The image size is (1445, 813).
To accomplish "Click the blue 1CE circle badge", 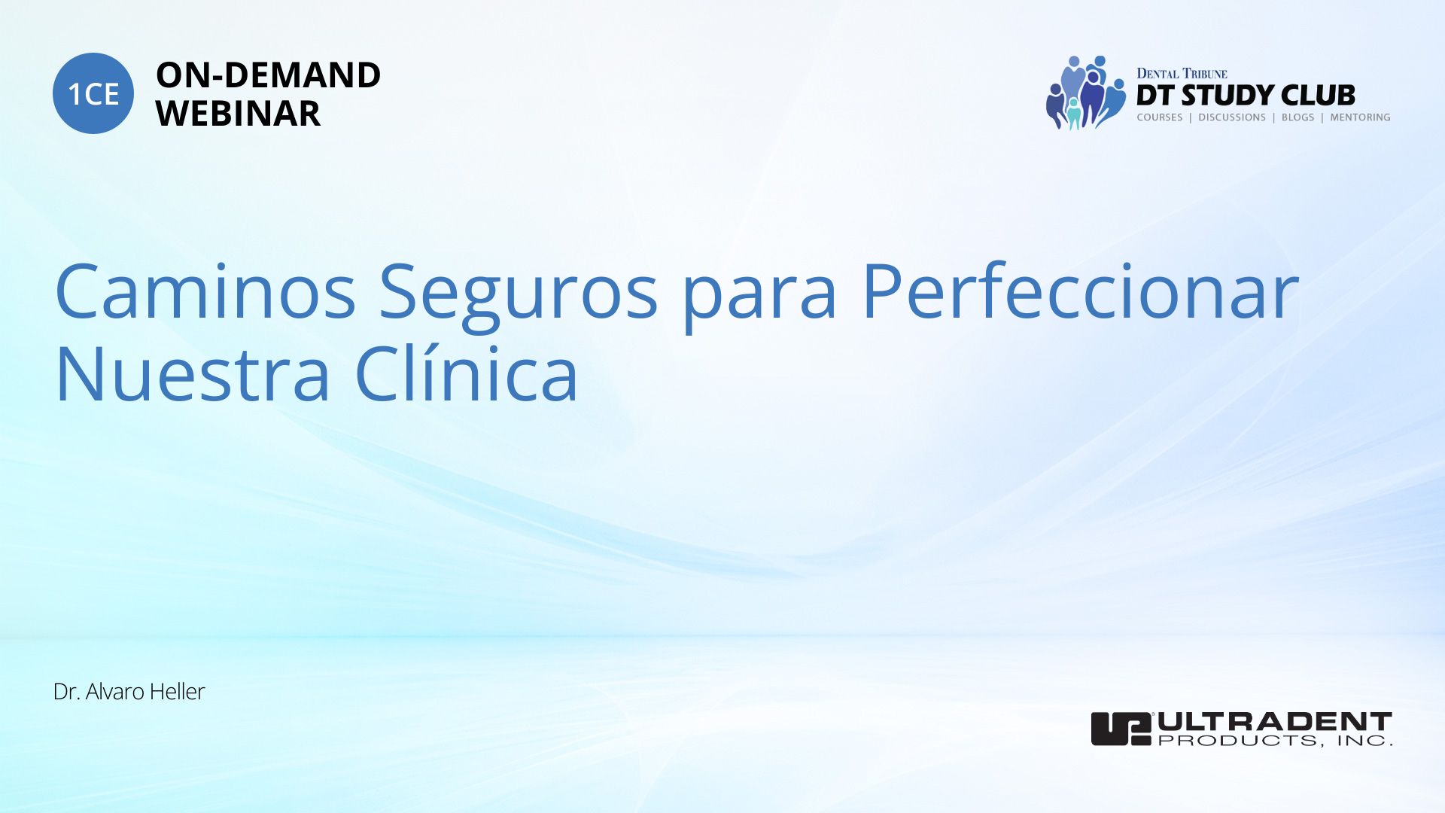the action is tap(93, 93).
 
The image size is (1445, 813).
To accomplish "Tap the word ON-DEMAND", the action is tap(268, 75).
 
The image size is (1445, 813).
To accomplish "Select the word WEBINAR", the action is tap(238, 114).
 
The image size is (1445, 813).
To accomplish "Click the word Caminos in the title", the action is tap(205, 291).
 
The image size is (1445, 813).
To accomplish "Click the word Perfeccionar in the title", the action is tap(1080, 291).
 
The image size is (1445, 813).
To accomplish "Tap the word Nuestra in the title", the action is tap(193, 373).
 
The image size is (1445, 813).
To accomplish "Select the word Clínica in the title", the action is tap(466, 372).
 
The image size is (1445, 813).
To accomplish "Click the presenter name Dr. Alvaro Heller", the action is tap(129, 692).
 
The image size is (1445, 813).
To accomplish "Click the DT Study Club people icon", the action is tap(1085, 93).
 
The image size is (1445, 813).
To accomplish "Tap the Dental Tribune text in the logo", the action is tap(1182, 74).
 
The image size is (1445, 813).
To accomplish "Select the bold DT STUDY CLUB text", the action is tap(1246, 96).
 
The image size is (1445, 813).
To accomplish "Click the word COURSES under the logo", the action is tap(1160, 117).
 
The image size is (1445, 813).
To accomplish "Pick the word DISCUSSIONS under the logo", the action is tap(1232, 117).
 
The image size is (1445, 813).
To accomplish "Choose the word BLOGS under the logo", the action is tap(1297, 117).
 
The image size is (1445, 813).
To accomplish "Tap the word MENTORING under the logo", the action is tap(1360, 117).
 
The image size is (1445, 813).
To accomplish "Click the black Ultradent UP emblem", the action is tap(1121, 729).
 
